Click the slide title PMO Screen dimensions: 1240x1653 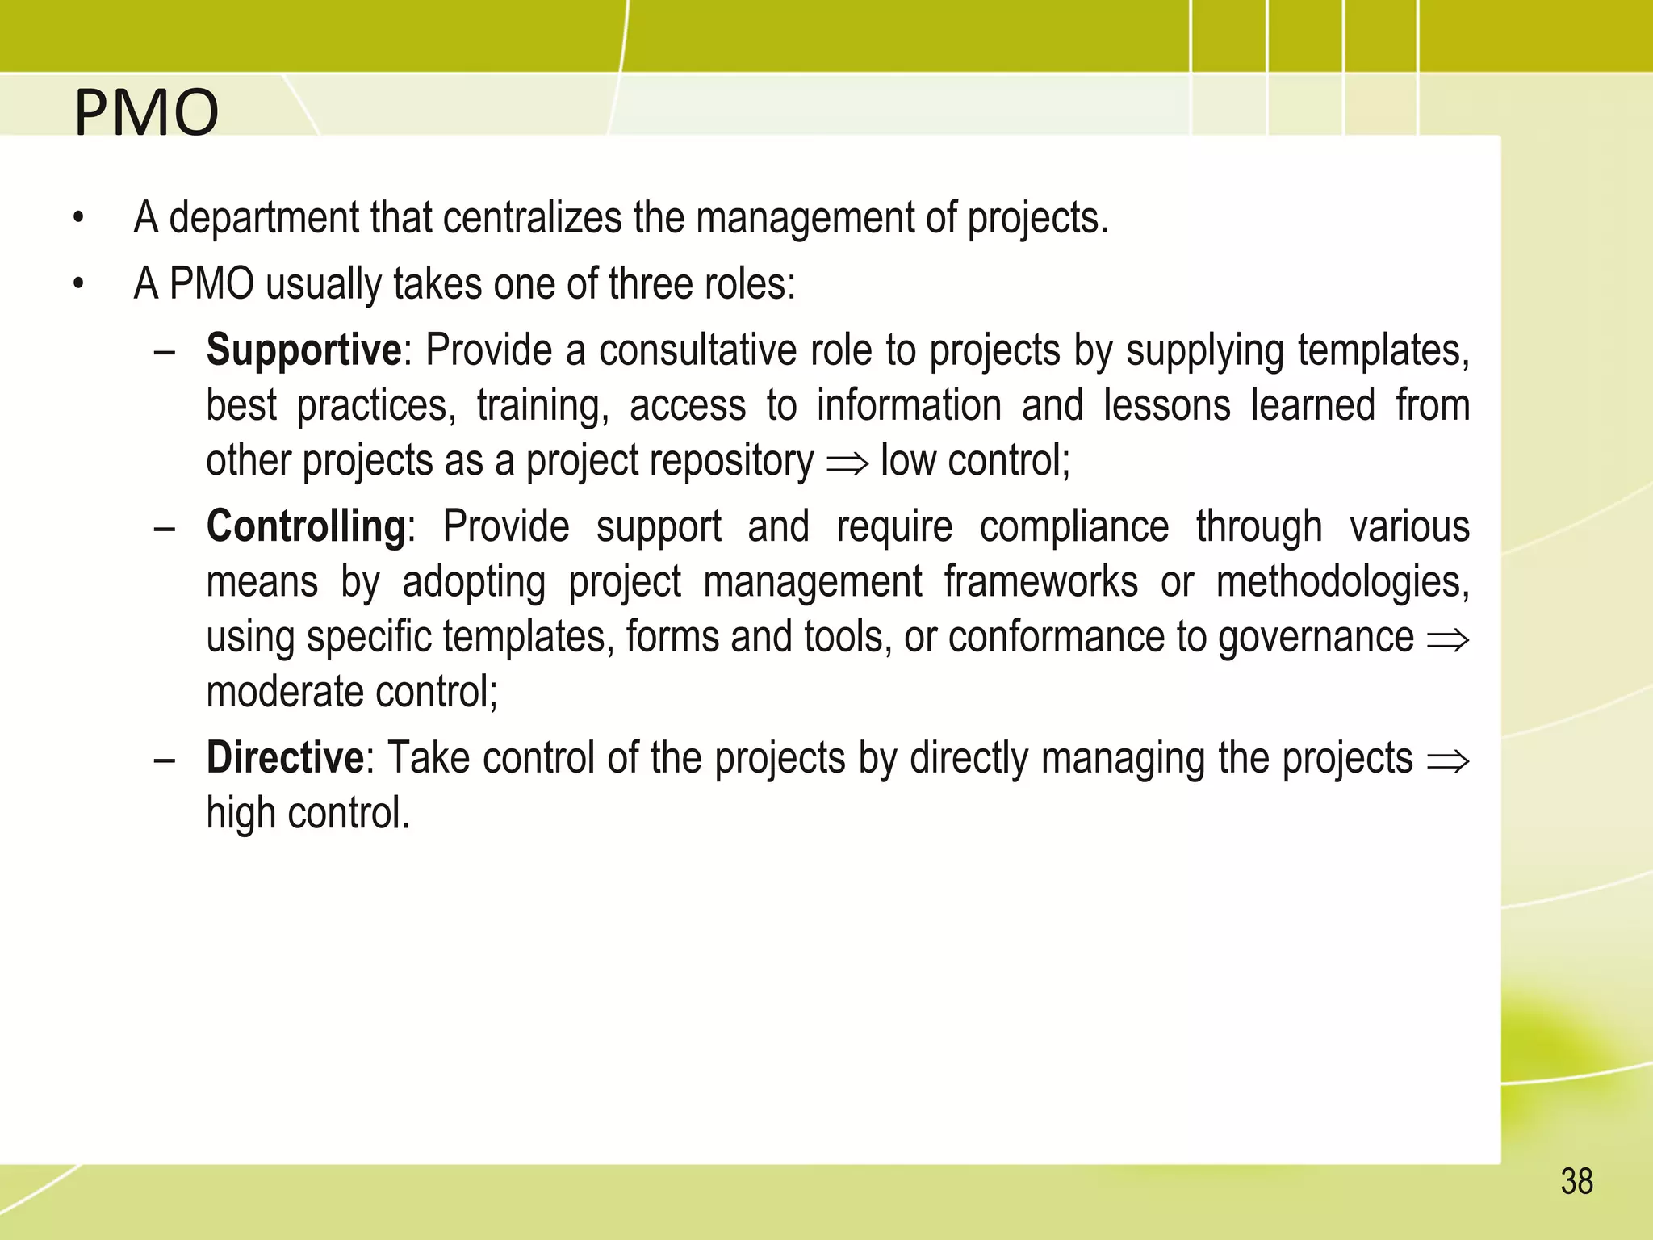pyautogui.click(x=146, y=112)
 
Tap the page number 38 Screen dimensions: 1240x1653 pyautogui.click(x=1576, y=1182)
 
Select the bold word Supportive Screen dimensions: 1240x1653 pyautogui.click(x=303, y=350)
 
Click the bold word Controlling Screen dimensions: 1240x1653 pyautogui.click(x=306, y=526)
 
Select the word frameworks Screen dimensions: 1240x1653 pyautogui.click(x=1040, y=582)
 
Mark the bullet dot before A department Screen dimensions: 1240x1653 pyautogui.click(x=78, y=218)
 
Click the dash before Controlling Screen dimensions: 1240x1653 pyautogui.click(x=165, y=529)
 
